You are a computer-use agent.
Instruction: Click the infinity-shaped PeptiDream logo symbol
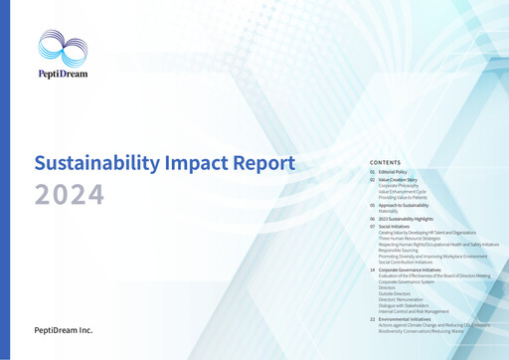coord(63,48)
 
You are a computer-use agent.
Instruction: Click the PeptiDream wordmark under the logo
coord(62,73)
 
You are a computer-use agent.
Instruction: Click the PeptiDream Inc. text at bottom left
coord(65,329)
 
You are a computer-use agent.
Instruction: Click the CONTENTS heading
coord(386,161)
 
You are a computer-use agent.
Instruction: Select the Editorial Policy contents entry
coord(393,172)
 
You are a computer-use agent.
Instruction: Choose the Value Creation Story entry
coord(398,180)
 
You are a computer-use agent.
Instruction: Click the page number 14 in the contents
coord(372,270)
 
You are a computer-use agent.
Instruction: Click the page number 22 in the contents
coord(372,319)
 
